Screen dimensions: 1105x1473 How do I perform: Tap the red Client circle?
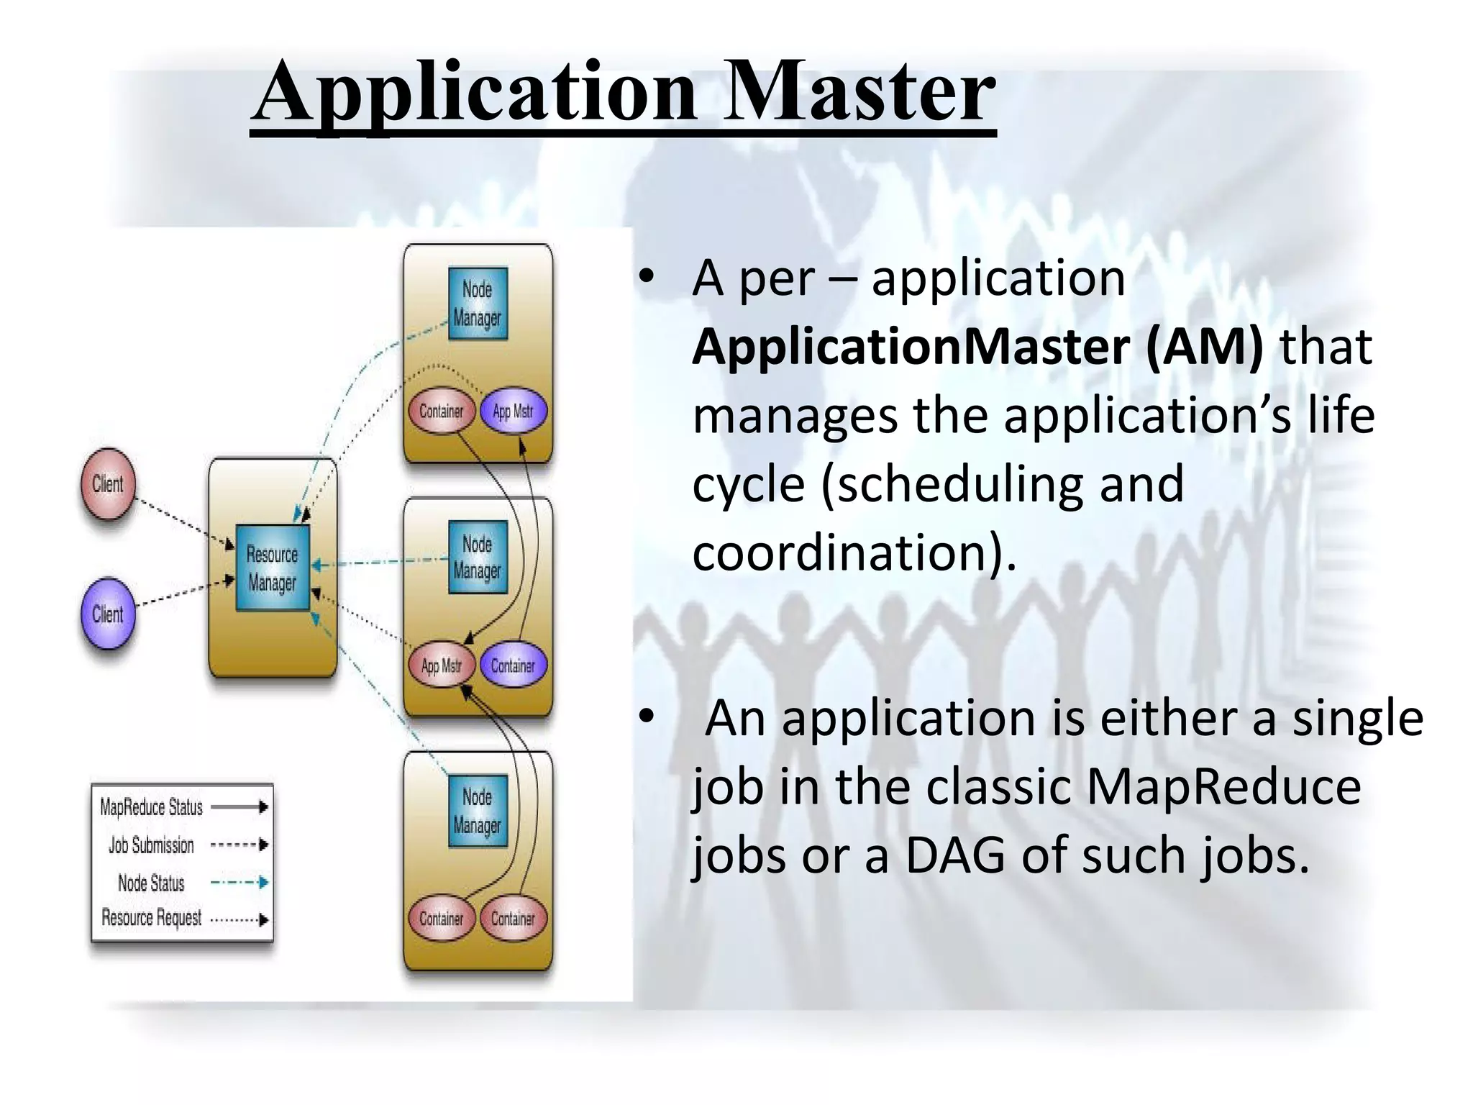coord(108,484)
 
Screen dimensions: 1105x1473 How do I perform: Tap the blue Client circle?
coord(108,614)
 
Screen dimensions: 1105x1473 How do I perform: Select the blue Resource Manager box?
coord(273,568)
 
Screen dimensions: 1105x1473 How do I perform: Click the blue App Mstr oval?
coord(513,411)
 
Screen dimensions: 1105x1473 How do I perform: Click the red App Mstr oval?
coord(441,666)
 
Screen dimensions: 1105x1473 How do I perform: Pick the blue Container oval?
coord(513,666)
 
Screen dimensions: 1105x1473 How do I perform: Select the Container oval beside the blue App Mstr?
coord(441,411)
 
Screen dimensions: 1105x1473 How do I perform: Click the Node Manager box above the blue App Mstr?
coord(478,304)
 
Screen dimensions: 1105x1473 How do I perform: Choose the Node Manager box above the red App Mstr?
coord(478,558)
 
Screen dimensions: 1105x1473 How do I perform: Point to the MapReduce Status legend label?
coord(151,807)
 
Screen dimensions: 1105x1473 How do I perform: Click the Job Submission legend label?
coord(151,845)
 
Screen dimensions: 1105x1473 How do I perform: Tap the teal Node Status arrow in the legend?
coord(240,883)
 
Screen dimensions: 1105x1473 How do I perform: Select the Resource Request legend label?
coord(151,919)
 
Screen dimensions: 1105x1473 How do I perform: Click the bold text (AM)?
coord(1204,347)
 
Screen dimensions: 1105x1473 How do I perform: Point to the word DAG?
coord(955,856)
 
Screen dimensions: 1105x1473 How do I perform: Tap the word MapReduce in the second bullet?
coord(1223,787)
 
